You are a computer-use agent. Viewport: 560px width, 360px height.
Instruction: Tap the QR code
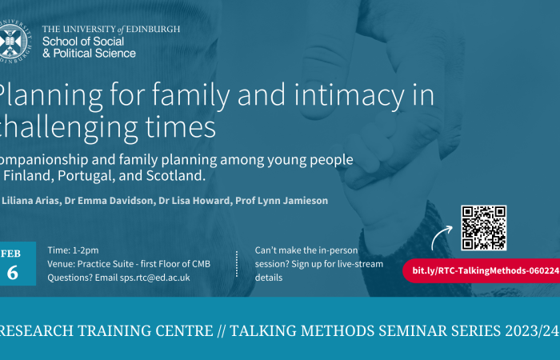click(483, 228)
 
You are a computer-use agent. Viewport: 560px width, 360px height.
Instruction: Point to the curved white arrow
click(442, 238)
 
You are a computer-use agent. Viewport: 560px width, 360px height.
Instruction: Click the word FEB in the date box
click(11, 254)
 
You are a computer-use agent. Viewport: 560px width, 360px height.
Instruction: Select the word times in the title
click(179, 127)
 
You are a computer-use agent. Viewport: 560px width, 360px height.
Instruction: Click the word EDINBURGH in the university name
click(147, 29)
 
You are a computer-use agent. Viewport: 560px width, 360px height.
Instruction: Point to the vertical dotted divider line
click(237, 264)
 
